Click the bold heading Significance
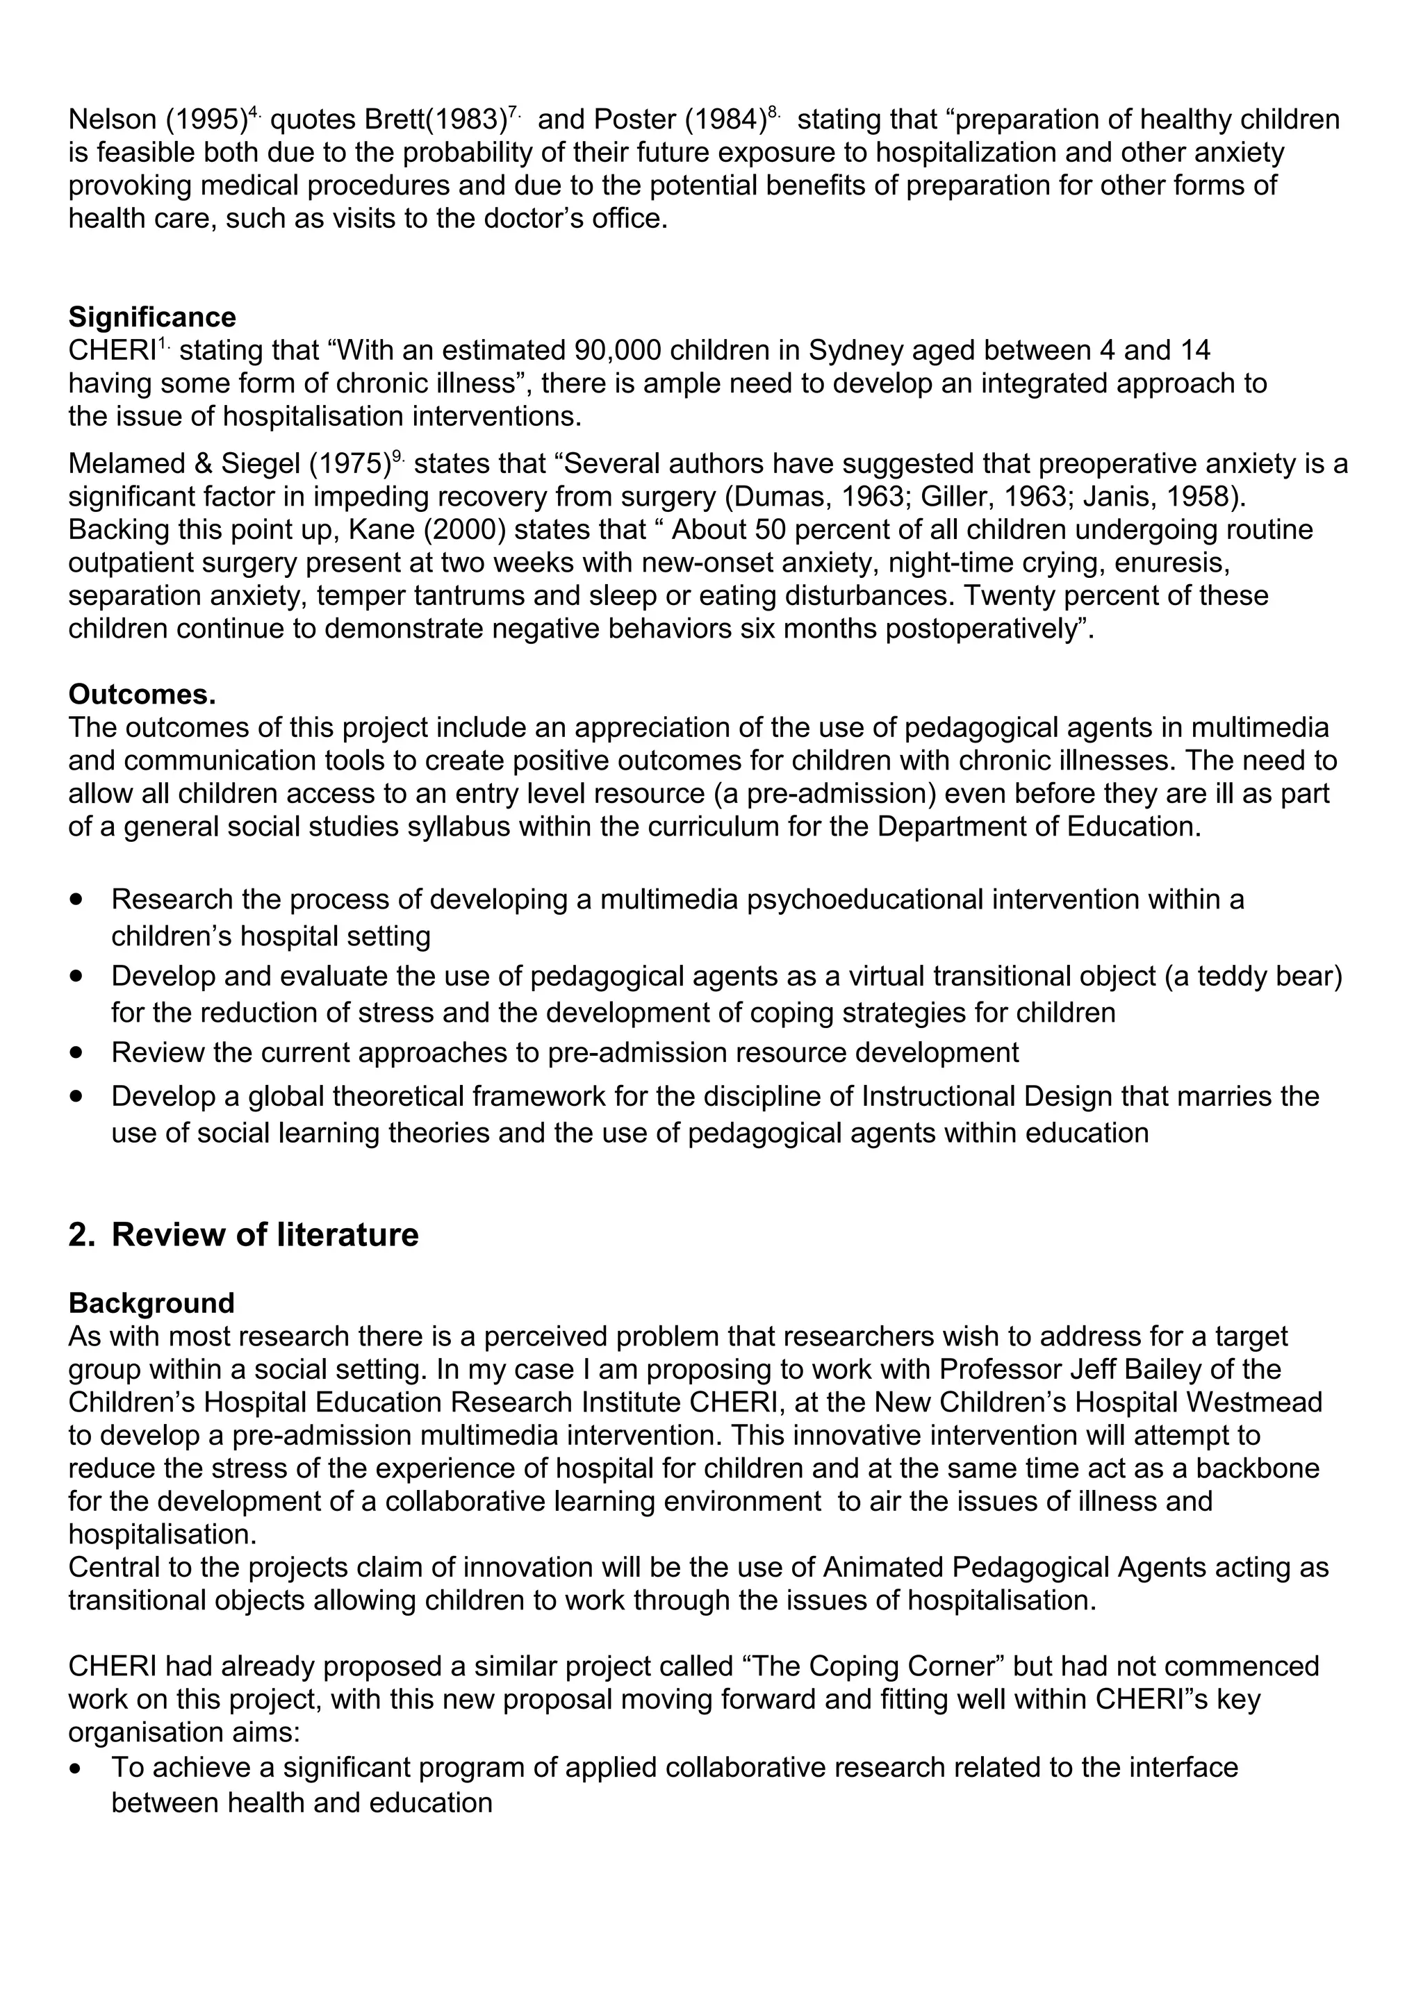point(151,317)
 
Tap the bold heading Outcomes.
point(142,695)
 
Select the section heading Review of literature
point(264,1234)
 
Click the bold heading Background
point(151,1303)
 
